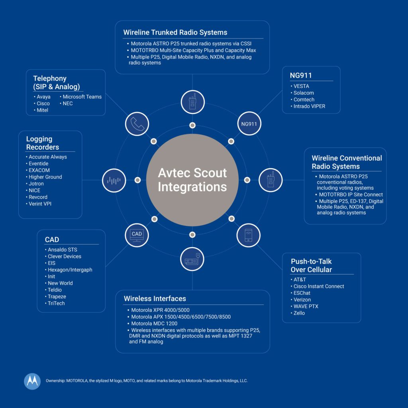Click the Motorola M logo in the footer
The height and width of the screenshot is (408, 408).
click(32, 381)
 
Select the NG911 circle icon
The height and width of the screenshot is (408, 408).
click(249, 124)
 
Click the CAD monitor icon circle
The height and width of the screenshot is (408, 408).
click(137, 234)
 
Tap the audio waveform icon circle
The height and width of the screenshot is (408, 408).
click(114, 180)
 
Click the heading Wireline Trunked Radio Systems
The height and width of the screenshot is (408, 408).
click(175, 33)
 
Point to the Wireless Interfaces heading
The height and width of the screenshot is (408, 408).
click(155, 298)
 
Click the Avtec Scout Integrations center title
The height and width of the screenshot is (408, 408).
click(192, 180)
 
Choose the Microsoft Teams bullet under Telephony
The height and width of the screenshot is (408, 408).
click(82, 97)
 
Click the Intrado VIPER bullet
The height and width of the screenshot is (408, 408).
click(309, 106)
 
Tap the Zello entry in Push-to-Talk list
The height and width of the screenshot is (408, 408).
click(299, 313)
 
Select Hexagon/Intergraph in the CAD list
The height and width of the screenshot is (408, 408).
click(70, 270)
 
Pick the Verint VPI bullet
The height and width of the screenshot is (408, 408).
click(40, 204)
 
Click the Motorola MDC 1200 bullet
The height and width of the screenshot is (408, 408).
click(154, 324)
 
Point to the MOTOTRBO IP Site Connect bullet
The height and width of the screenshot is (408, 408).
click(351, 194)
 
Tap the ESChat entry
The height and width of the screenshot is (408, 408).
click(302, 293)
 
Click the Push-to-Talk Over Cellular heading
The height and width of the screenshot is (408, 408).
click(311, 265)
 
